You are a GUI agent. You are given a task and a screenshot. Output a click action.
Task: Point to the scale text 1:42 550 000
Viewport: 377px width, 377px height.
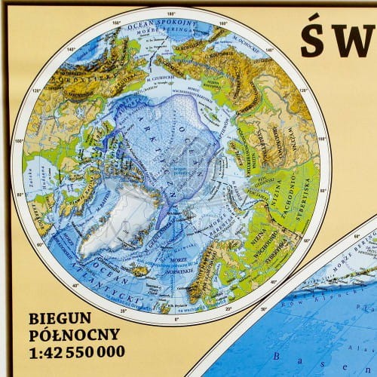tap(76, 352)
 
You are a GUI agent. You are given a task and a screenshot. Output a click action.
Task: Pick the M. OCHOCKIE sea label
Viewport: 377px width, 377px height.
tap(240, 42)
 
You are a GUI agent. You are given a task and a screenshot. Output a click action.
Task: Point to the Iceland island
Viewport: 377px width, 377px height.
tap(139, 268)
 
